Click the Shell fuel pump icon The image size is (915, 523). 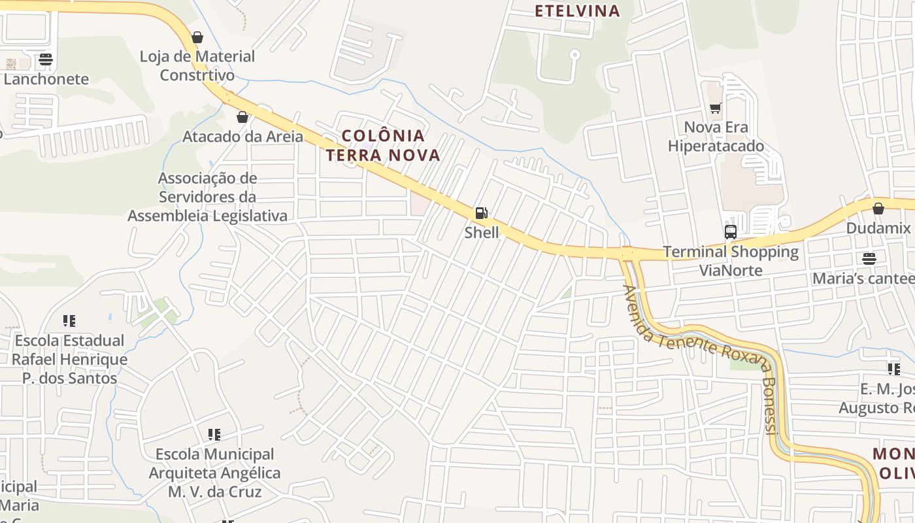point(481,212)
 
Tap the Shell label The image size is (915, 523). point(482,233)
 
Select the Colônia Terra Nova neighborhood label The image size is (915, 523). point(383,145)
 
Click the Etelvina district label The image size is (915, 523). point(577,10)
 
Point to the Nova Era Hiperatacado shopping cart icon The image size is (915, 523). point(716,108)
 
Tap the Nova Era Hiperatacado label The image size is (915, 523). point(716,137)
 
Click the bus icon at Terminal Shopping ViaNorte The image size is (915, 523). point(731,231)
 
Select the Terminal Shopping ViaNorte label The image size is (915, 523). point(731,261)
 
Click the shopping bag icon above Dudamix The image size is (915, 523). point(878,209)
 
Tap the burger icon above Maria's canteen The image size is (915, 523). point(869,259)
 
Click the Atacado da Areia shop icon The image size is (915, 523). point(242,117)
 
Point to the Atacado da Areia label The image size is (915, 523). point(242,137)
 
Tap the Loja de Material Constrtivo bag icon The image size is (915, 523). point(197,37)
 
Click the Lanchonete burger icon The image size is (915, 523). point(46,59)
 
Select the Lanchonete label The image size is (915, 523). point(46,79)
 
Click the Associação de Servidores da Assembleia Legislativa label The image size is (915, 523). point(207,197)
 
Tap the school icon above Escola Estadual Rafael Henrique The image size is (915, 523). point(69,321)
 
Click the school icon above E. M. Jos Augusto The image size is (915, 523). point(894,369)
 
